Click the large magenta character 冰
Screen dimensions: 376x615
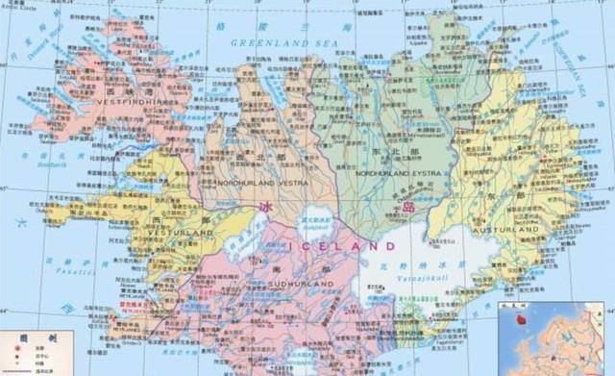click(x=266, y=208)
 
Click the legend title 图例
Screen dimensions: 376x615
click(x=39, y=338)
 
